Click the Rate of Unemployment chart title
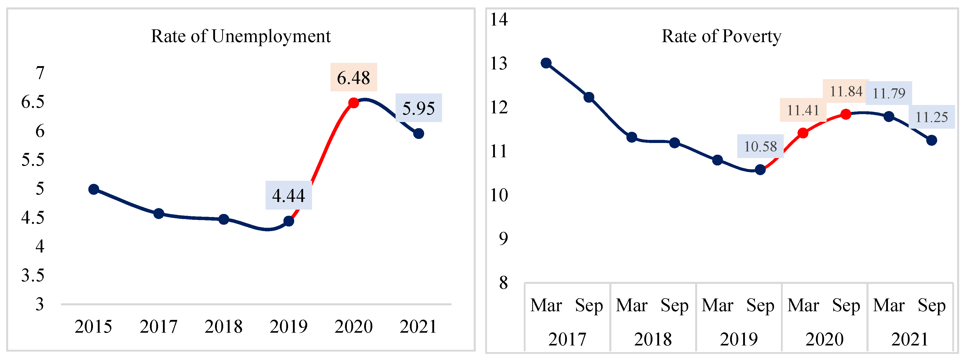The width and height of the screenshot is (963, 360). point(241,37)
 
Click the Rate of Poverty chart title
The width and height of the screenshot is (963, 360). point(721,37)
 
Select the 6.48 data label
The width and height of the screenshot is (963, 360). point(353,78)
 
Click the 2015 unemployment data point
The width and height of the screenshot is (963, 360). point(93,189)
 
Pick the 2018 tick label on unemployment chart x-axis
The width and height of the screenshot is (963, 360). point(223,327)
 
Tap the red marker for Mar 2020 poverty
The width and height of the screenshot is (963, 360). point(803,133)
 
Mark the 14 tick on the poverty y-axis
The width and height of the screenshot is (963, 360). point(499,19)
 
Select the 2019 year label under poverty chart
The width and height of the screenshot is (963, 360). point(739,339)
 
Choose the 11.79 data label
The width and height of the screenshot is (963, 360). point(889,93)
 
